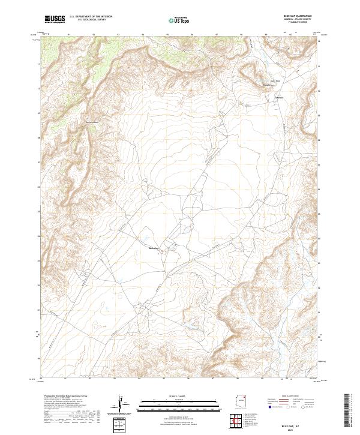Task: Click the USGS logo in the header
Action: point(55,19)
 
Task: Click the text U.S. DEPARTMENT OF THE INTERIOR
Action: point(91,16)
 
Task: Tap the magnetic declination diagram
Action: point(125,406)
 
